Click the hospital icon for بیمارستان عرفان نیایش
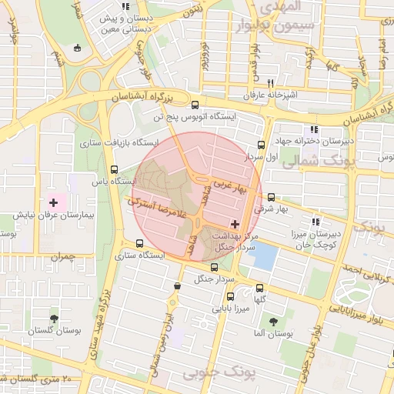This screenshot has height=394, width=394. click(x=53, y=202)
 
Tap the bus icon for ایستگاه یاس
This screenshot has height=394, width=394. click(x=115, y=170)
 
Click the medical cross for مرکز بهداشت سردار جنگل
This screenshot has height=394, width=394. click(x=235, y=224)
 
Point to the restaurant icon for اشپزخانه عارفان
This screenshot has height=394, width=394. click(x=269, y=83)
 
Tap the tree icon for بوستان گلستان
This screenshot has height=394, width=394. click(x=53, y=318)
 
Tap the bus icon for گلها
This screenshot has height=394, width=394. click(x=260, y=288)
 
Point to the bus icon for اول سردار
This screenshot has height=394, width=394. click(x=261, y=144)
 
